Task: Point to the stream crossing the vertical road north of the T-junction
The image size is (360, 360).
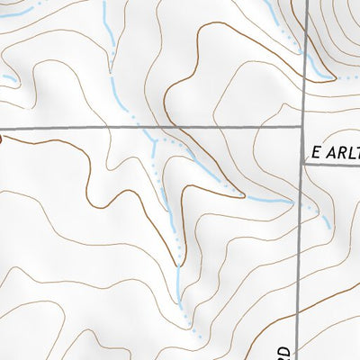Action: (304, 54)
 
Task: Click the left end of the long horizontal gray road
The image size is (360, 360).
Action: (2, 130)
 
